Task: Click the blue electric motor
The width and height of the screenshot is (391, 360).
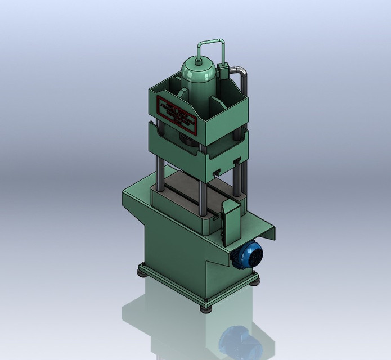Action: point(248,255)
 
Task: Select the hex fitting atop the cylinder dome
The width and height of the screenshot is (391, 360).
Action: point(198,59)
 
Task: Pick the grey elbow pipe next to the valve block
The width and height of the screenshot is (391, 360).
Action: point(242,76)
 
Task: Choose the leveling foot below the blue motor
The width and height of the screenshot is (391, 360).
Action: point(256,280)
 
